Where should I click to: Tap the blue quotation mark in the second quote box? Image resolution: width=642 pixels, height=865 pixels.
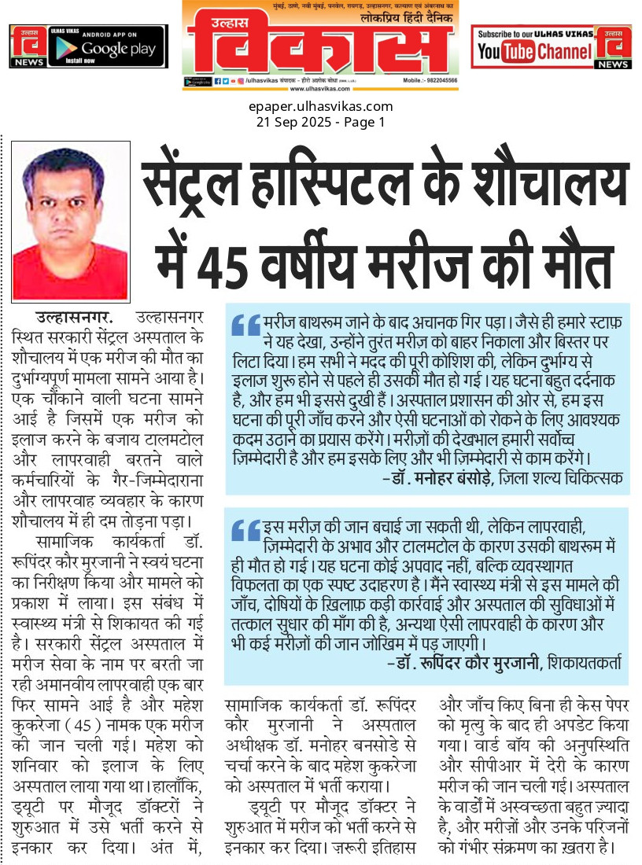point(245,531)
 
